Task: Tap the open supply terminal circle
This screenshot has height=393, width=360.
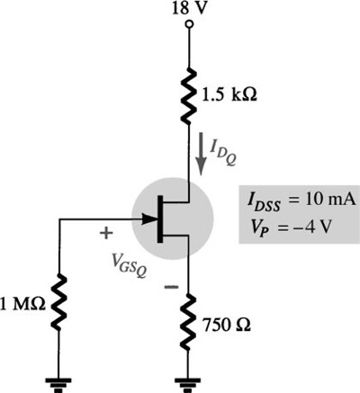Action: pos(189,24)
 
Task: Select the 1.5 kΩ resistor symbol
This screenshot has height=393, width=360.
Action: pos(189,96)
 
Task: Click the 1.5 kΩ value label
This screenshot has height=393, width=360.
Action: pos(229,95)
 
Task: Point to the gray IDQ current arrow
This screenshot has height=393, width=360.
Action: pos(202,154)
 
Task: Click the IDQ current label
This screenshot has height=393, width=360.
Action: pos(223,153)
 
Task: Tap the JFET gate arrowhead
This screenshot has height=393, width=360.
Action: pos(149,219)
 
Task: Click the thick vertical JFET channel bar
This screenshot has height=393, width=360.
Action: pos(160,219)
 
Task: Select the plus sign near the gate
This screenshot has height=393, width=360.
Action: pos(106,233)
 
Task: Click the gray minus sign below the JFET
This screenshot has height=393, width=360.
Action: pos(171,287)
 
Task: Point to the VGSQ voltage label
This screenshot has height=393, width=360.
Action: pos(128,265)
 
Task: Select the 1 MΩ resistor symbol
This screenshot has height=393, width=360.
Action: pos(58,302)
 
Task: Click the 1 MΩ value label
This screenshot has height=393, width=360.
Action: pos(23,304)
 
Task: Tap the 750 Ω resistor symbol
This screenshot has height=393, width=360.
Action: pos(189,322)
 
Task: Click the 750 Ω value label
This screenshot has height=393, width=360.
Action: pos(227,324)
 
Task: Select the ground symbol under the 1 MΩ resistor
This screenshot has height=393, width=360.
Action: pos(58,385)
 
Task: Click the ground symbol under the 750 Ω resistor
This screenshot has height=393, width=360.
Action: pos(188,385)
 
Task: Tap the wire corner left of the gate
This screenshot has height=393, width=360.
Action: pos(60,219)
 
